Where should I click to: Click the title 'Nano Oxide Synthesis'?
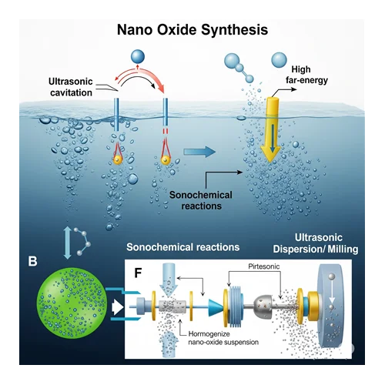point(192,30)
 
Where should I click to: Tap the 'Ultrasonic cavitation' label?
point(71,87)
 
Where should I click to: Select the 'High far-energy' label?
point(306,75)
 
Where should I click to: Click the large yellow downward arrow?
point(271,129)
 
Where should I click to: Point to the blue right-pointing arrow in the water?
point(199,152)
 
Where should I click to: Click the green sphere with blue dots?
point(72,303)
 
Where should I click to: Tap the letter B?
point(32,261)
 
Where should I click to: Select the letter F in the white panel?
point(138,273)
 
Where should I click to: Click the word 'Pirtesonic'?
point(263,266)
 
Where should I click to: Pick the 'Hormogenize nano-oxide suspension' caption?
point(223,338)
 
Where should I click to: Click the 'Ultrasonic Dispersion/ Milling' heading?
point(316,243)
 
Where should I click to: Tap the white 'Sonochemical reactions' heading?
point(182,247)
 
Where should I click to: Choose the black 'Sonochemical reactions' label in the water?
point(201,200)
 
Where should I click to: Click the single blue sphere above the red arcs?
point(138,57)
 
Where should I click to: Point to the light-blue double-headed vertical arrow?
point(68,243)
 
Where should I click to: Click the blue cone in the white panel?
point(216,307)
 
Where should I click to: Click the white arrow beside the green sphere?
point(118,307)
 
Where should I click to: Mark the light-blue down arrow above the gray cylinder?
point(169,280)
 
